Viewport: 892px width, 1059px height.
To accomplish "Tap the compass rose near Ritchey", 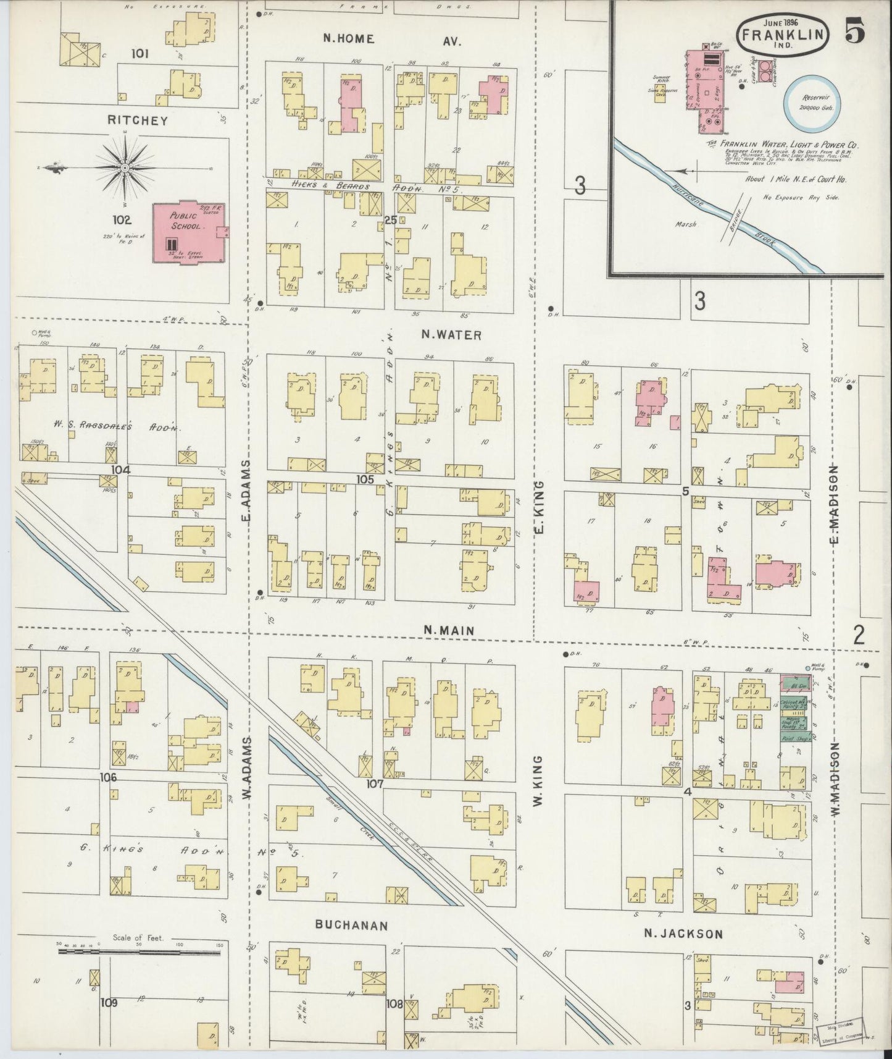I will click(125, 167).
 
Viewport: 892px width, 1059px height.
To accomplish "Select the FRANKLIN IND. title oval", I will click(782, 36).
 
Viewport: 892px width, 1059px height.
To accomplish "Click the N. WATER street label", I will click(451, 335).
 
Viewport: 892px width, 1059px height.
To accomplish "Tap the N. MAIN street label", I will click(449, 630).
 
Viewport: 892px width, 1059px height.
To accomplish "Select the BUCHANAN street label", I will click(351, 926).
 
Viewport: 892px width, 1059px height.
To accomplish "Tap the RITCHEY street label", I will click(138, 120).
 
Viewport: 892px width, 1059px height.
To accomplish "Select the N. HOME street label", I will click(349, 38).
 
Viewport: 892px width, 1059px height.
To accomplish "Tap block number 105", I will click(365, 479).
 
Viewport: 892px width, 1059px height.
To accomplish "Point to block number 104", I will click(121, 470).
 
